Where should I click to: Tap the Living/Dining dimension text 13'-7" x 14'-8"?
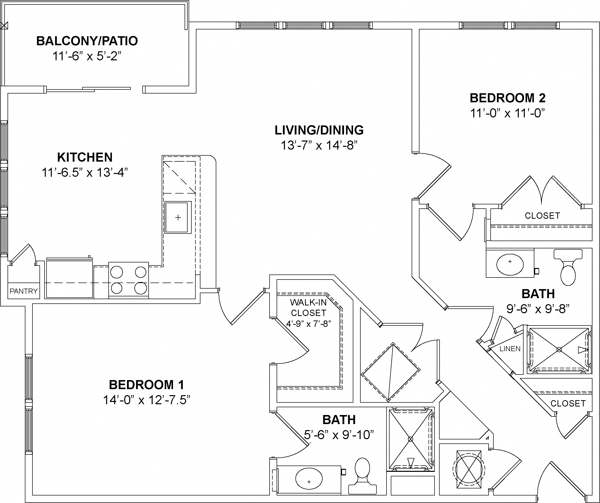click(x=319, y=145)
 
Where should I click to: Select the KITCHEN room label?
click(x=85, y=157)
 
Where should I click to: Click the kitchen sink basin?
click(x=178, y=217)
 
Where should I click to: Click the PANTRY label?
click(x=24, y=291)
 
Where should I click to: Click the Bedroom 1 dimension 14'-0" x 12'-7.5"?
click(x=147, y=400)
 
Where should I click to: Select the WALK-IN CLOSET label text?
click(x=308, y=307)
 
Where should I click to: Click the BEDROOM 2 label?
click(x=507, y=98)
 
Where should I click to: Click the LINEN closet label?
click(x=510, y=349)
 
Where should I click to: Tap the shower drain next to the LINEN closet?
click(x=559, y=350)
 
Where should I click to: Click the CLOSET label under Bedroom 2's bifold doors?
click(x=542, y=216)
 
